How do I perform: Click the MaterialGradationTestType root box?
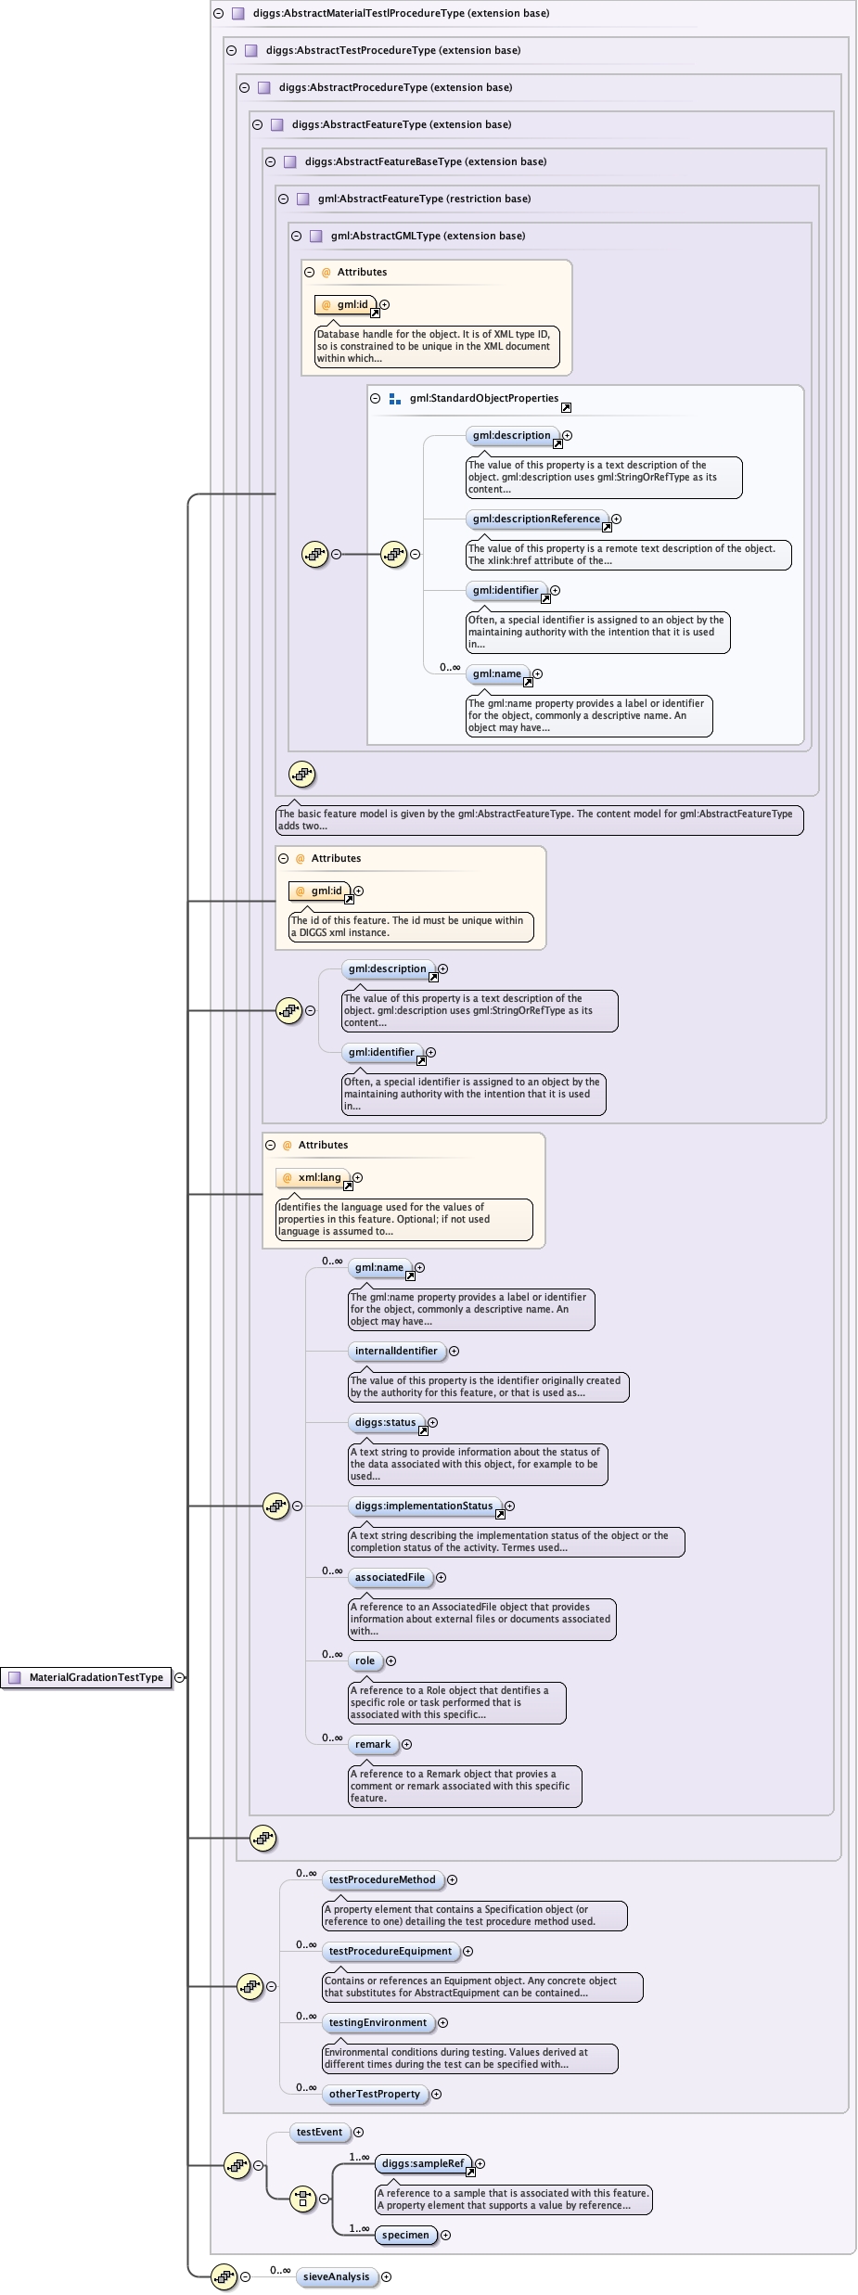pyautogui.click(x=87, y=1677)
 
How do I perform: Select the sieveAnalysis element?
pyautogui.click(x=336, y=2276)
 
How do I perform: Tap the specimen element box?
pyautogui.click(x=405, y=2235)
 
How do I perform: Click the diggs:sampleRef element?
pyautogui.click(x=422, y=2163)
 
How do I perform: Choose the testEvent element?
pyautogui.click(x=319, y=2132)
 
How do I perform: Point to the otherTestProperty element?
pyautogui.click(x=374, y=2094)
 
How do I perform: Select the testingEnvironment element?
pyautogui.click(x=378, y=2022)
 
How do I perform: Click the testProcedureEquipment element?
pyautogui.click(x=390, y=1951)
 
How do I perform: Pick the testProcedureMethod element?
pyautogui.click(x=381, y=1879)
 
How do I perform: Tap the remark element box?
pyautogui.click(x=372, y=1744)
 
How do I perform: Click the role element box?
pyautogui.click(x=365, y=1660)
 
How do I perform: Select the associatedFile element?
pyautogui.click(x=390, y=1577)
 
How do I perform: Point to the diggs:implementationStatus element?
pyautogui.click(x=423, y=1506)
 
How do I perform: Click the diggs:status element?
pyautogui.click(x=385, y=1422)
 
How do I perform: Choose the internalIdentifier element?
pyautogui.click(x=395, y=1351)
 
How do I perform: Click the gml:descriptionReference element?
pyautogui.click(x=536, y=519)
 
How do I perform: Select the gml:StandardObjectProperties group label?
pyautogui.click(x=483, y=398)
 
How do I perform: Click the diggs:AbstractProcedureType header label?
pyautogui.click(x=395, y=87)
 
